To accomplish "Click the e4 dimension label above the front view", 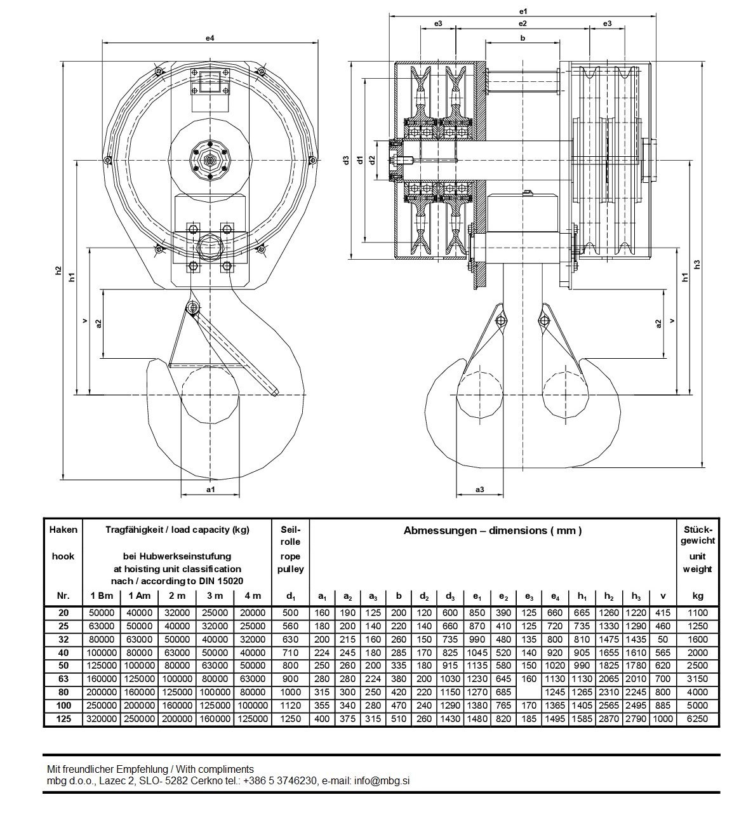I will pyautogui.click(x=210, y=38).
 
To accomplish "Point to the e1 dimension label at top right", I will pyautogui.click(x=523, y=11).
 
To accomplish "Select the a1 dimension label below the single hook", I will pyautogui.click(x=211, y=490).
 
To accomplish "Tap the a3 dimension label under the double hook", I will pyautogui.click(x=479, y=489).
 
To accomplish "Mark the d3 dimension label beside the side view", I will pyautogui.click(x=346, y=160).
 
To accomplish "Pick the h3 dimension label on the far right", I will pyautogui.click(x=696, y=264).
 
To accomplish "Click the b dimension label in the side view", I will pyautogui.click(x=523, y=38).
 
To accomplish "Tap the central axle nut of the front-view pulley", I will pyautogui.click(x=209, y=161).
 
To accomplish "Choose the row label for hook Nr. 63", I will pyautogui.click(x=63, y=679).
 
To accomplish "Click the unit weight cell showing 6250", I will pyautogui.click(x=698, y=719).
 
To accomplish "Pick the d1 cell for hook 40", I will pyautogui.click(x=290, y=653).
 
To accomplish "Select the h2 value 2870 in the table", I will pyautogui.click(x=608, y=719).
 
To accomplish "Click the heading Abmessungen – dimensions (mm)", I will pyautogui.click(x=492, y=531).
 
